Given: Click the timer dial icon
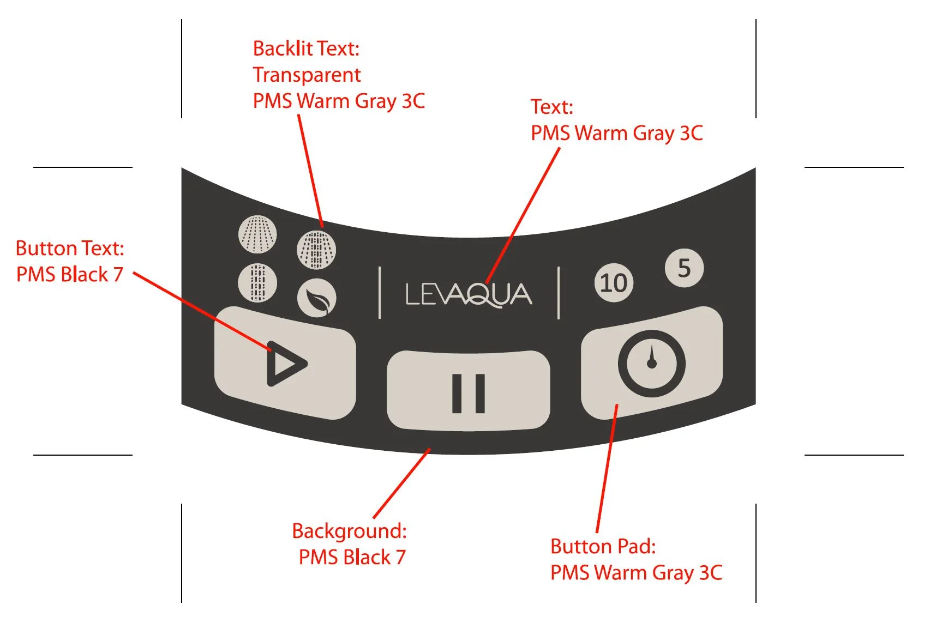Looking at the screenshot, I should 651,363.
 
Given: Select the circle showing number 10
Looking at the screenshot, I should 614,283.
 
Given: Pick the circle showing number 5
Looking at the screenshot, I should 684,268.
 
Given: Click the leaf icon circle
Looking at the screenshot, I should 316,298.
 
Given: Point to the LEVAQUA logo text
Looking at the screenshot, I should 469,295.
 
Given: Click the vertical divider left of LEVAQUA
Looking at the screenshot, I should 380,293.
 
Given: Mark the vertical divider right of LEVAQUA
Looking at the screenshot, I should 559,293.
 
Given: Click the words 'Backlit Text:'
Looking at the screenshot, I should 306,49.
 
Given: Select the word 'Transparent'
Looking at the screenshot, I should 307,75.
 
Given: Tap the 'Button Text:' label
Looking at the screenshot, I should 70,249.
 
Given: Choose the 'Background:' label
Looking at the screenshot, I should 349,531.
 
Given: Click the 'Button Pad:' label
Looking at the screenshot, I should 603,546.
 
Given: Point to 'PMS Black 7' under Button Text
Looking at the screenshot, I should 70,275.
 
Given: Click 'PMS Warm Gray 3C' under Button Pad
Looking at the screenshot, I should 636,573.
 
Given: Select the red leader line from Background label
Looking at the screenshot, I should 402,483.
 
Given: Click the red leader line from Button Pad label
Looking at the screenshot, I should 607,469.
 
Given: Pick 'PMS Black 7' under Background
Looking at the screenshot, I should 352,558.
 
